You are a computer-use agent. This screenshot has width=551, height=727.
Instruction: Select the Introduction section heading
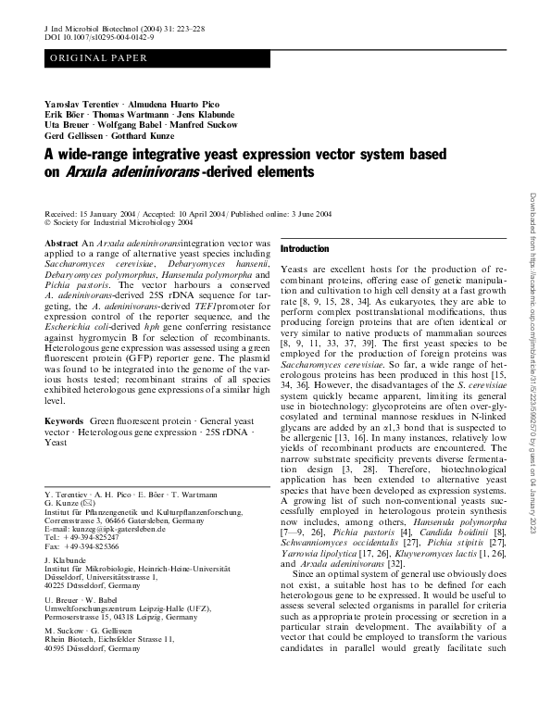point(305,249)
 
